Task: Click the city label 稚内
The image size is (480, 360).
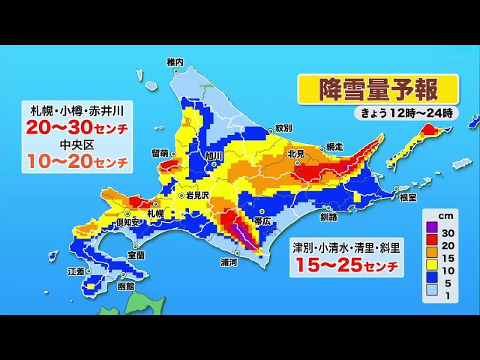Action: click(x=175, y=61)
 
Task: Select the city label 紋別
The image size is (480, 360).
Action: click(x=283, y=127)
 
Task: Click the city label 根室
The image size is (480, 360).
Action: click(x=408, y=197)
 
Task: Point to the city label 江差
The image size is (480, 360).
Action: click(x=76, y=271)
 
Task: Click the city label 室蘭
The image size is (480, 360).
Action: click(x=136, y=255)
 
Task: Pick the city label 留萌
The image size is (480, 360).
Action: click(x=160, y=153)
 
